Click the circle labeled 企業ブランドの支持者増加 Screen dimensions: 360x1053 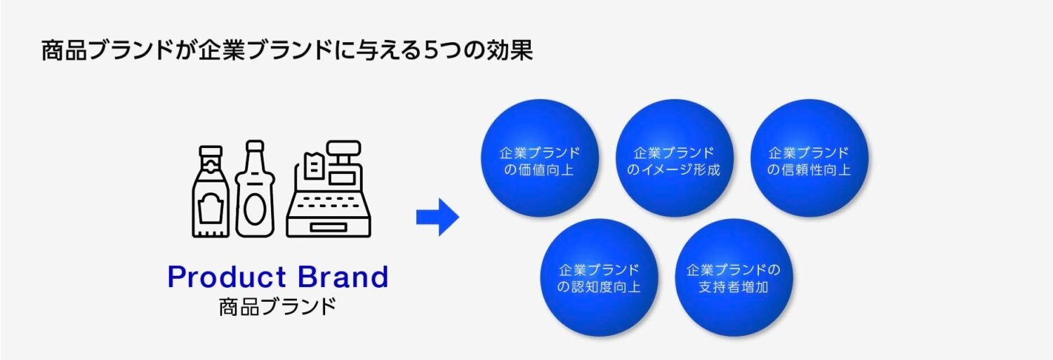pos(734,277)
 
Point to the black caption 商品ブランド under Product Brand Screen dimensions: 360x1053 pos(277,307)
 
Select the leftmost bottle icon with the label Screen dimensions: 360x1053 pos(210,191)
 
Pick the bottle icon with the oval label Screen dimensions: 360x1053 pos(255,189)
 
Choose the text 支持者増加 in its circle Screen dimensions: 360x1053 pos(734,287)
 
